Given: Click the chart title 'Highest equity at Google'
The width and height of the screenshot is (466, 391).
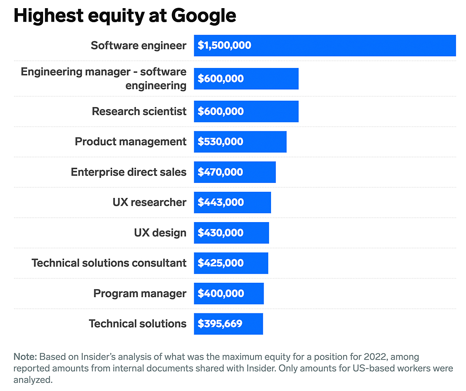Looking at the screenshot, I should (125, 16).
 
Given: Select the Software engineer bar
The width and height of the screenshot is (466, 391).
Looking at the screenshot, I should (325, 45).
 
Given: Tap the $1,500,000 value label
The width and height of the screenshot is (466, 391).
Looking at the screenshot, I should (224, 45).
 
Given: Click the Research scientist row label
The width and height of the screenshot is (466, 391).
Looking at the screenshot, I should (139, 111).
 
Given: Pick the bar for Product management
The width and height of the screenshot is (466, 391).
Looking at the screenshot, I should (240, 142).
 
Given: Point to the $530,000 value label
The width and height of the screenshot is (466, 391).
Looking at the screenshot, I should (221, 142).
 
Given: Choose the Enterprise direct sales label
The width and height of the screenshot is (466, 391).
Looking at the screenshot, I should (129, 172).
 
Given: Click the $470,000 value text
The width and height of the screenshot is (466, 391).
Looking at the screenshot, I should (221, 172).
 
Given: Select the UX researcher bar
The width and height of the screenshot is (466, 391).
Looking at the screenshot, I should (232, 202).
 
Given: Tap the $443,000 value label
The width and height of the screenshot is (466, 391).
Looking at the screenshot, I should (221, 202).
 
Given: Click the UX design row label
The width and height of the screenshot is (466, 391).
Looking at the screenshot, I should (160, 233).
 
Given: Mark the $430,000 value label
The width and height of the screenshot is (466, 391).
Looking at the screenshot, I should (221, 233).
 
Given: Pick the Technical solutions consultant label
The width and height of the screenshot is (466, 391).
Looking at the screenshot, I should (109, 263).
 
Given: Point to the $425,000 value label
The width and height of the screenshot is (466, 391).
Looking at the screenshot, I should (221, 263).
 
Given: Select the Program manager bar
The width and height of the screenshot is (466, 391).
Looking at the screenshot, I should (229, 294).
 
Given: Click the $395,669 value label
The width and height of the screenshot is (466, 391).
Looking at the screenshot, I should (220, 324).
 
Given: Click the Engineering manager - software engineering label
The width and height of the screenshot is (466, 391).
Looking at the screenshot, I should (104, 78).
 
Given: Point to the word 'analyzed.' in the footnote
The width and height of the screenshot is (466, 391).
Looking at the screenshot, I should (33, 380).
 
